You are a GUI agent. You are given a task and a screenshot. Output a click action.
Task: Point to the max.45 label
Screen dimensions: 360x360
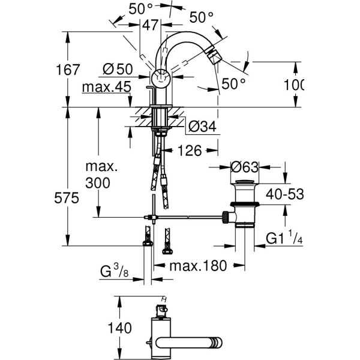click(x=107, y=87)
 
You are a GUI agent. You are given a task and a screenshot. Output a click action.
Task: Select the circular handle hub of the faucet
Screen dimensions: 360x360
click(x=160, y=77)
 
